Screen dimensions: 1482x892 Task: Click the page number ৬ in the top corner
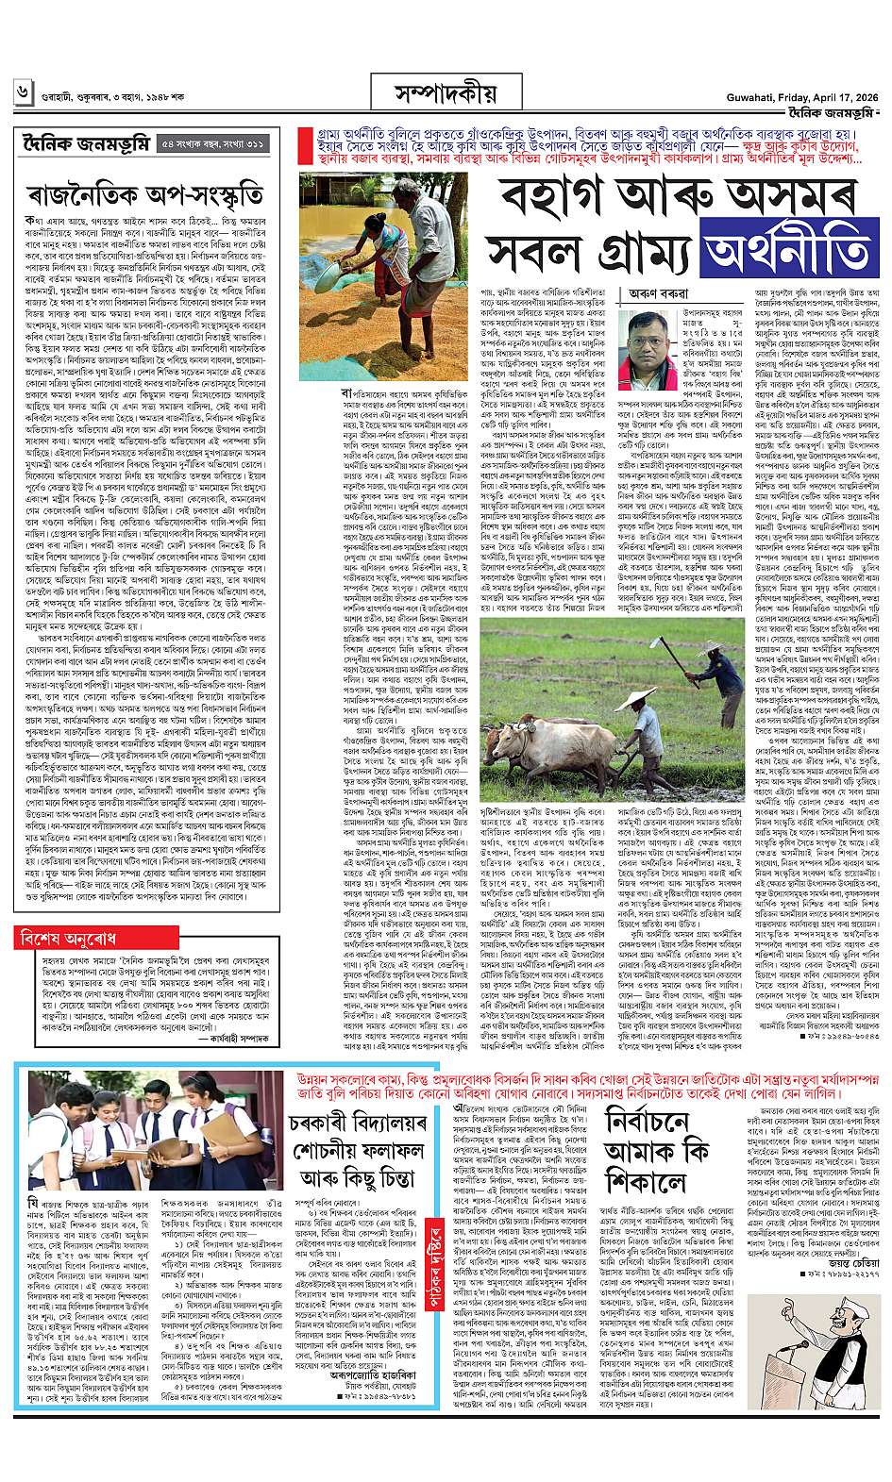22,94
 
